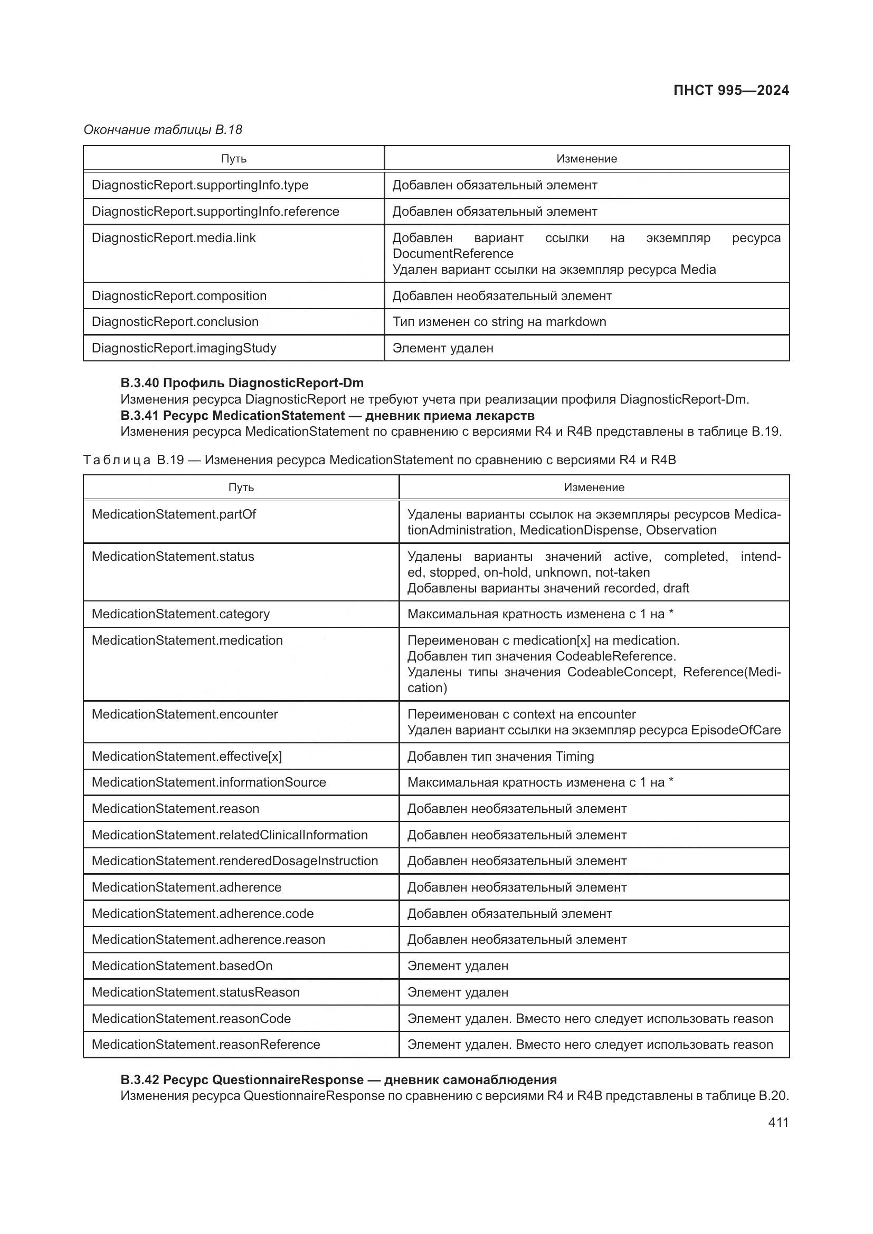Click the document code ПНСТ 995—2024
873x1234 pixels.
730,90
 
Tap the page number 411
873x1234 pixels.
778,1122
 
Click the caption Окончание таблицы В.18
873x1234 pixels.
163,130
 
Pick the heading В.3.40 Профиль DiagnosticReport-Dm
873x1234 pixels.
242,382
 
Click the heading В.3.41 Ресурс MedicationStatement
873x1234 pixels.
327,415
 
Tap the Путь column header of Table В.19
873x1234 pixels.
241,487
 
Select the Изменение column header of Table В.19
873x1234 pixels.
593,487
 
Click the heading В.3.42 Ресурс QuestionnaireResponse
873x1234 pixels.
338,1080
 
